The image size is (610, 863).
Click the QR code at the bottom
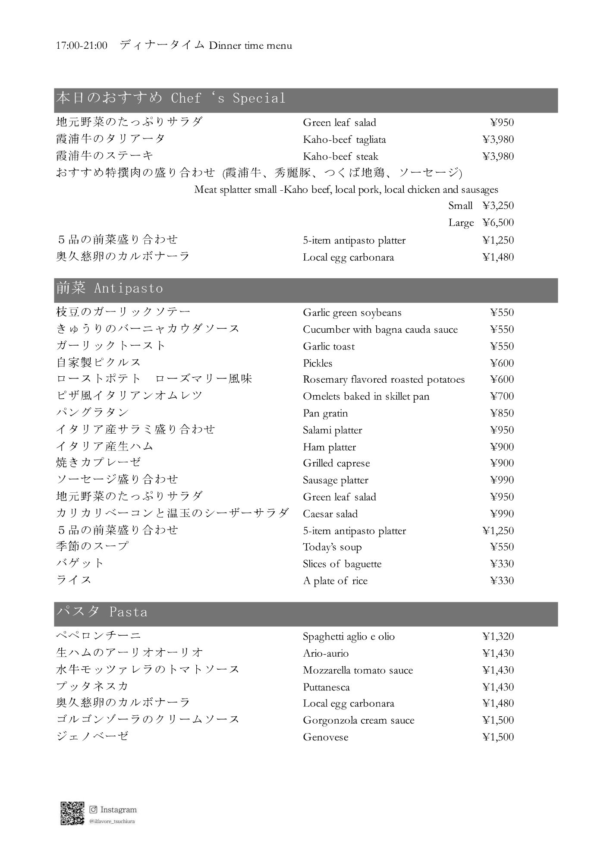(x=72, y=813)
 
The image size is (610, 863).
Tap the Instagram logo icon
(x=93, y=809)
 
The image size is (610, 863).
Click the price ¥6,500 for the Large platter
(x=498, y=223)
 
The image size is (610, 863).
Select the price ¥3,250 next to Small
(x=498, y=205)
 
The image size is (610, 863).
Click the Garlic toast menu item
(x=329, y=346)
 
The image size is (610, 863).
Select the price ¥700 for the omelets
(x=502, y=396)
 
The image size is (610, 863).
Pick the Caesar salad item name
(x=330, y=513)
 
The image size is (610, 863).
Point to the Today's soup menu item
(x=332, y=547)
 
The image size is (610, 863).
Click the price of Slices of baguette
(x=502, y=564)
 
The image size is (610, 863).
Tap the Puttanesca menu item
(x=326, y=687)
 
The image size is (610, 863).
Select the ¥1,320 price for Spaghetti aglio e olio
(x=498, y=636)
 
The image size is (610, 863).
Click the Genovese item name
(x=325, y=737)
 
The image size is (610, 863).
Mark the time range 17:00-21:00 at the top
(x=82, y=45)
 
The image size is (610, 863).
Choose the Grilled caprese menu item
(x=336, y=463)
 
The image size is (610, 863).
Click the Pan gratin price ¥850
(x=502, y=413)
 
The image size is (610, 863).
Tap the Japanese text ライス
(x=74, y=580)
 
